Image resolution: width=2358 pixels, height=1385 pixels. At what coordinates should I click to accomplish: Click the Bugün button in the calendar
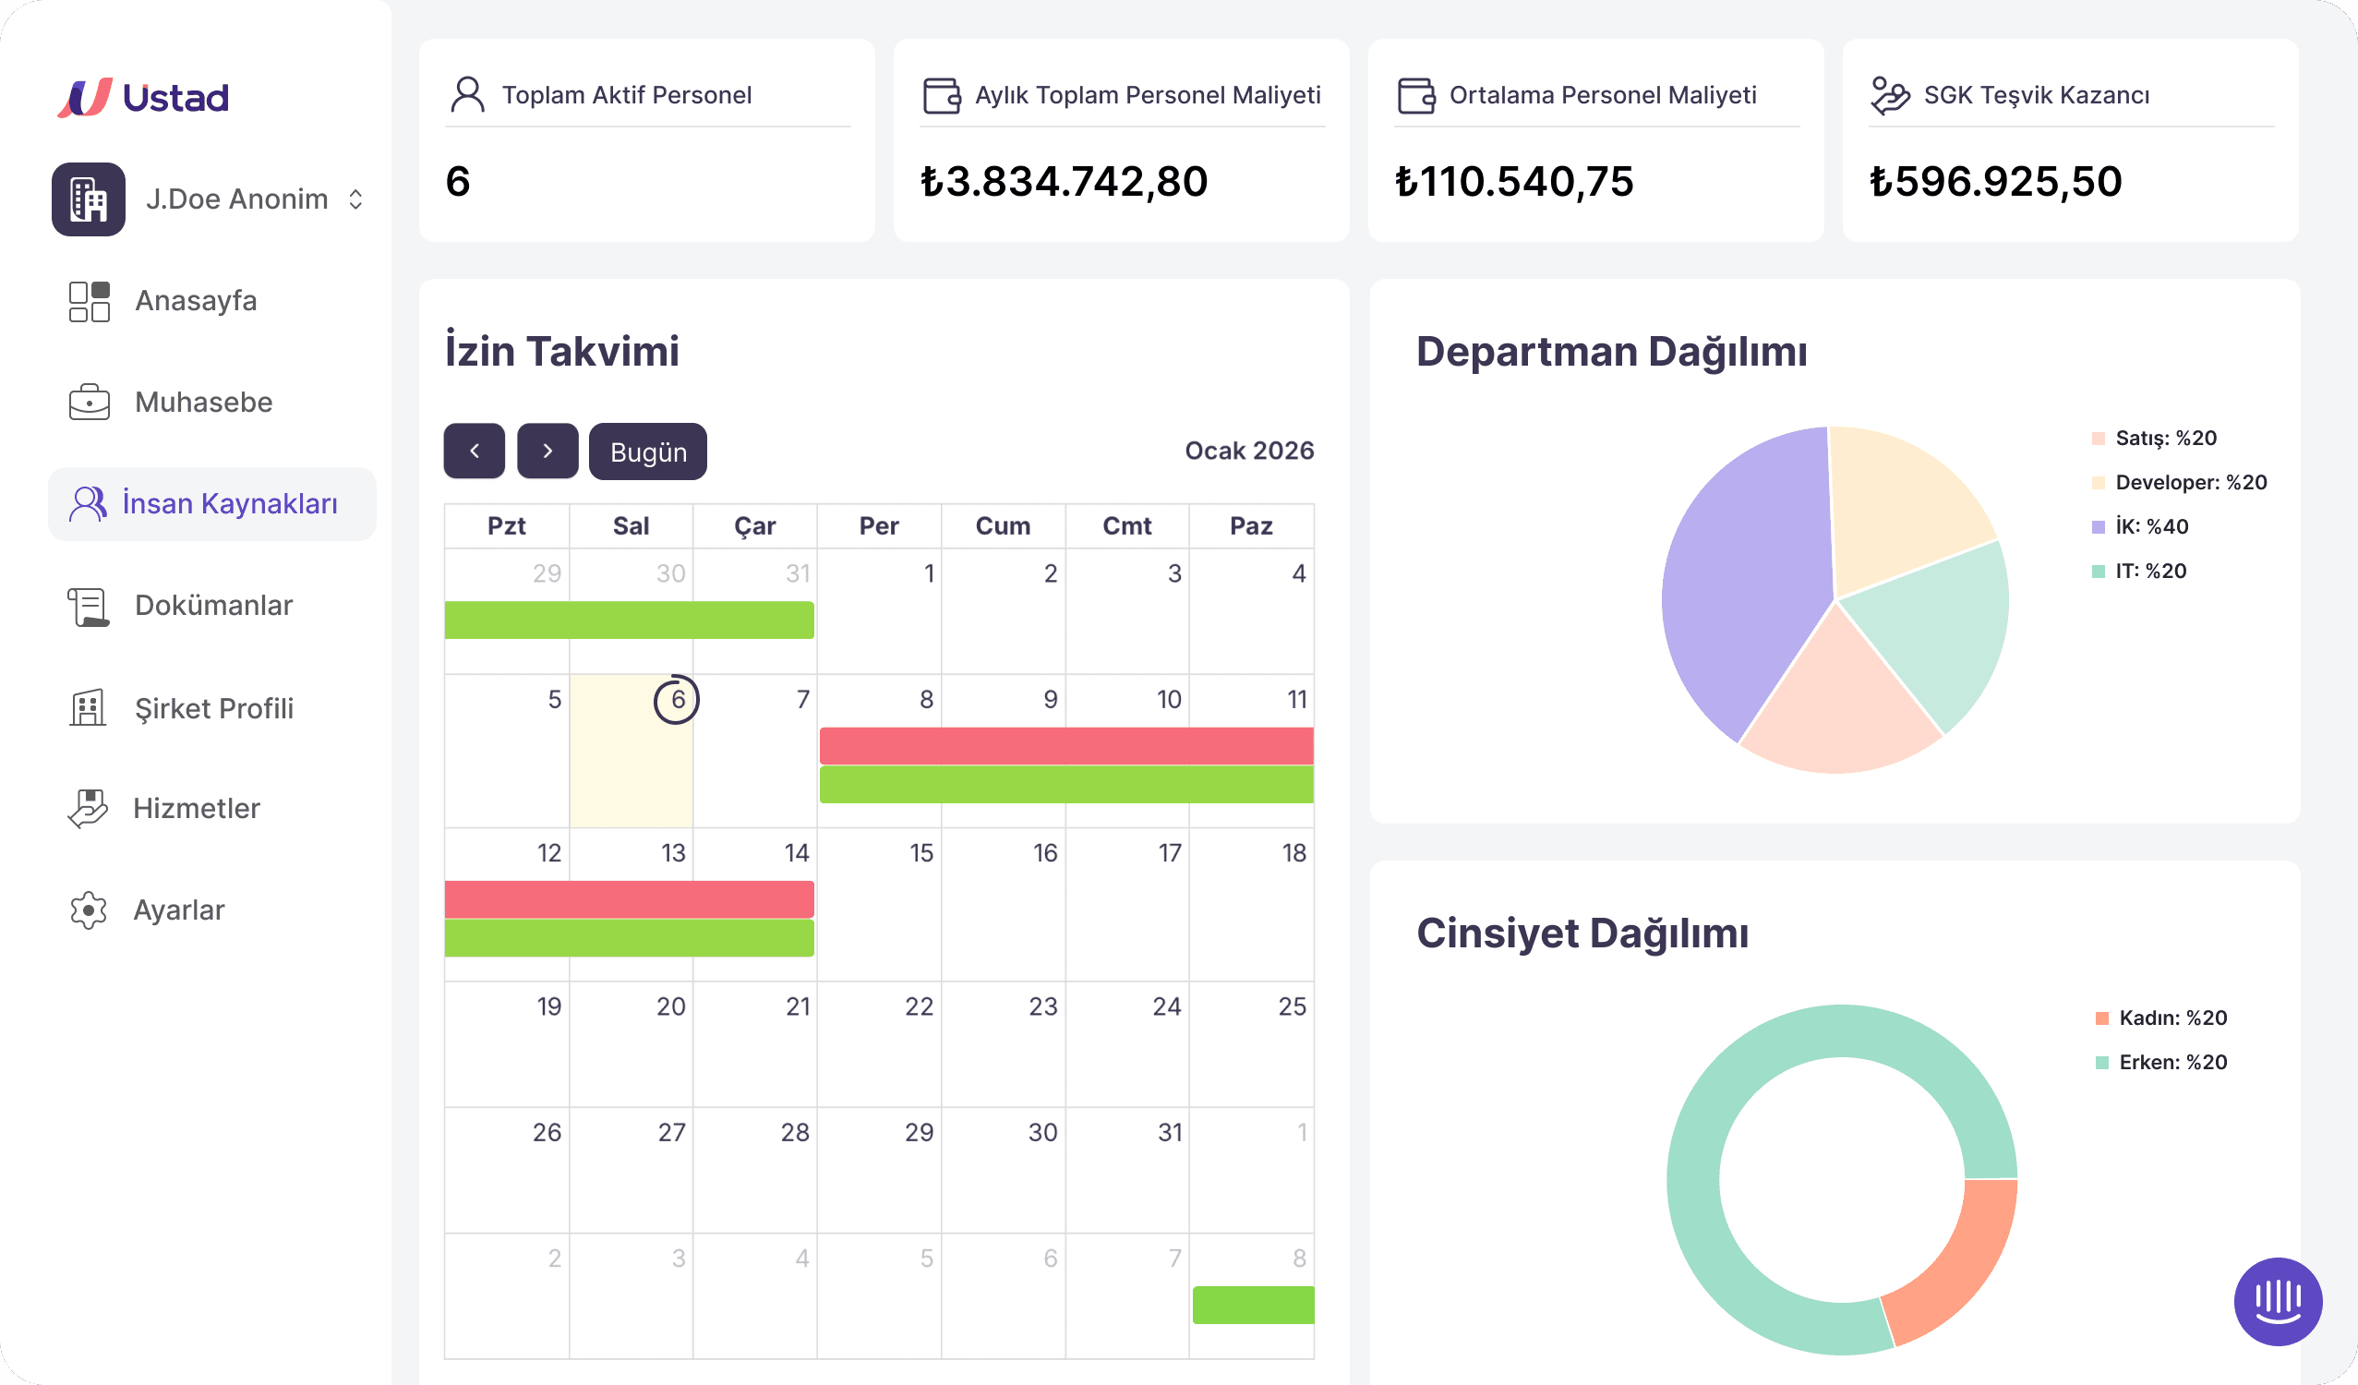coord(647,452)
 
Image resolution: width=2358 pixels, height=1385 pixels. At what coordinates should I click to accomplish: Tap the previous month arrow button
coord(474,452)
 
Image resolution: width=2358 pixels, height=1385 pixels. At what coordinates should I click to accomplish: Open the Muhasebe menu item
coord(203,403)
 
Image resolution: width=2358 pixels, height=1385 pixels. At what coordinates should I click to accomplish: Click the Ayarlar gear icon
coord(89,909)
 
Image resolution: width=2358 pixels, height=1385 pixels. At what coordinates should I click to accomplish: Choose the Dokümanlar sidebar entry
coord(212,606)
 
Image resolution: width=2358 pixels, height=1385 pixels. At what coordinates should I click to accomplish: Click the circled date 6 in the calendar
coord(677,699)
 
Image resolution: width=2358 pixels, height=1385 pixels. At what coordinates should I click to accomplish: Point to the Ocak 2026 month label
coord(1248,452)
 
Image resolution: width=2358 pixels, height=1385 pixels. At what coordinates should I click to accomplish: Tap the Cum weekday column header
coord(1002,526)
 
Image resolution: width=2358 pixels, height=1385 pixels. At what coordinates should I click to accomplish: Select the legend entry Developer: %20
coord(2190,483)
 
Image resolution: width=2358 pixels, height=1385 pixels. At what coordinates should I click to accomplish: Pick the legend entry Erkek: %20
coord(2172,1062)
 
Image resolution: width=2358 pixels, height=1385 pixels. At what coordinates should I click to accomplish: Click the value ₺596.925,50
coord(1995,182)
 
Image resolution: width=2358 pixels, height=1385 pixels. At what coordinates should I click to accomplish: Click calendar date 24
coord(1166,1007)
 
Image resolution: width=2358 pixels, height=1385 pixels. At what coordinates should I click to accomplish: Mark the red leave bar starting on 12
coord(629,899)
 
